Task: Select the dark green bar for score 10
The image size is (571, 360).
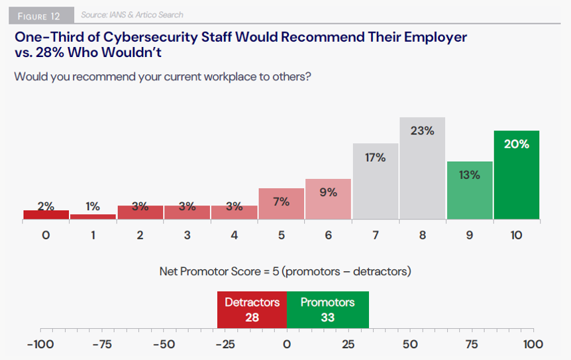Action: [x=516, y=175]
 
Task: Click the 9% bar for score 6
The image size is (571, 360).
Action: [x=328, y=199]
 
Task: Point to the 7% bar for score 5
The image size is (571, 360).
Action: [x=281, y=204]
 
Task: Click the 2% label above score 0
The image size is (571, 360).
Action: [x=46, y=206]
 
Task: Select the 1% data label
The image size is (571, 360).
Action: [x=93, y=206]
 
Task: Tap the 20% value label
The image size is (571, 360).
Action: [x=516, y=143]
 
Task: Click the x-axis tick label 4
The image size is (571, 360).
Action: [x=234, y=235]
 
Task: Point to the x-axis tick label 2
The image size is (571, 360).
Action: [x=140, y=235]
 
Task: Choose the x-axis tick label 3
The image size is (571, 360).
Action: [x=187, y=235]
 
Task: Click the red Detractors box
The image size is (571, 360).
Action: [x=252, y=310]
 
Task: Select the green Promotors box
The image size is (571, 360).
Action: [x=327, y=310]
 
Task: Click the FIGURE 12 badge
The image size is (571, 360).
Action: [x=41, y=15]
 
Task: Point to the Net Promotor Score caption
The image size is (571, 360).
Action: [x=285, y=271]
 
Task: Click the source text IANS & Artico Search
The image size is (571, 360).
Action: [x=132, y=15]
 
